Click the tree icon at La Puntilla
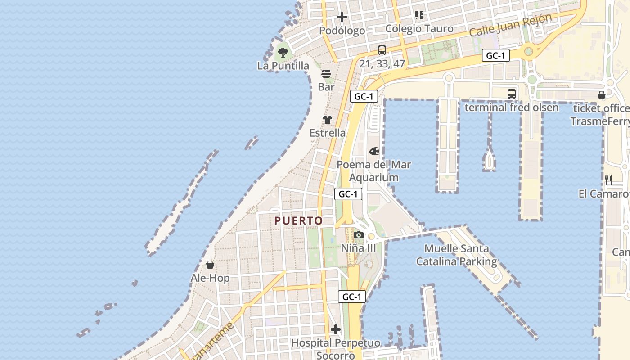(283, 53)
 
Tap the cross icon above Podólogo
(342, 18)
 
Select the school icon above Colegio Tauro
(419, 15)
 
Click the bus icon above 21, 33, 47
(382, 50)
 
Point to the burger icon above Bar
(326, 74)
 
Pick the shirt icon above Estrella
(328, 120)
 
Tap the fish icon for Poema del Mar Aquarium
(374, 152)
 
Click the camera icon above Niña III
(358, 235)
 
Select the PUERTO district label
(299, 220)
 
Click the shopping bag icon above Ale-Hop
(210, 265)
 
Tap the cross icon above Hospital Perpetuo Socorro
(336, 329)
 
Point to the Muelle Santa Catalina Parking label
(456, 255)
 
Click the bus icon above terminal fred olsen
(512, 94)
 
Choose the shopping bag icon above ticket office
(602, 95)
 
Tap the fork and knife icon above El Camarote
(608, 180)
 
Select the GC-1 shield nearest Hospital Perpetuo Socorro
(351, 297)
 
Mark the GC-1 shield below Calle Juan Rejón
(496, 55)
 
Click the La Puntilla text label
(283, 66)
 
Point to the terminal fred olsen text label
(511, 108)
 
